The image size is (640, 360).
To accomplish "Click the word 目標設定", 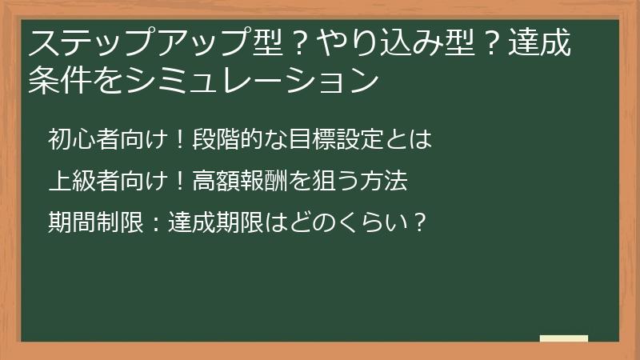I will point(328,141).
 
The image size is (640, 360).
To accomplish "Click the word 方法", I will point(389,182).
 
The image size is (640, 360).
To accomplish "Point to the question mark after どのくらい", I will point(418,222).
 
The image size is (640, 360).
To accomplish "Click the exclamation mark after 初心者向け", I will point(180,141).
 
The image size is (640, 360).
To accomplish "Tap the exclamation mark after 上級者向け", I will point(180,182).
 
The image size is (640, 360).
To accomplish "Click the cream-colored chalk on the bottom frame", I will point(563,339).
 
